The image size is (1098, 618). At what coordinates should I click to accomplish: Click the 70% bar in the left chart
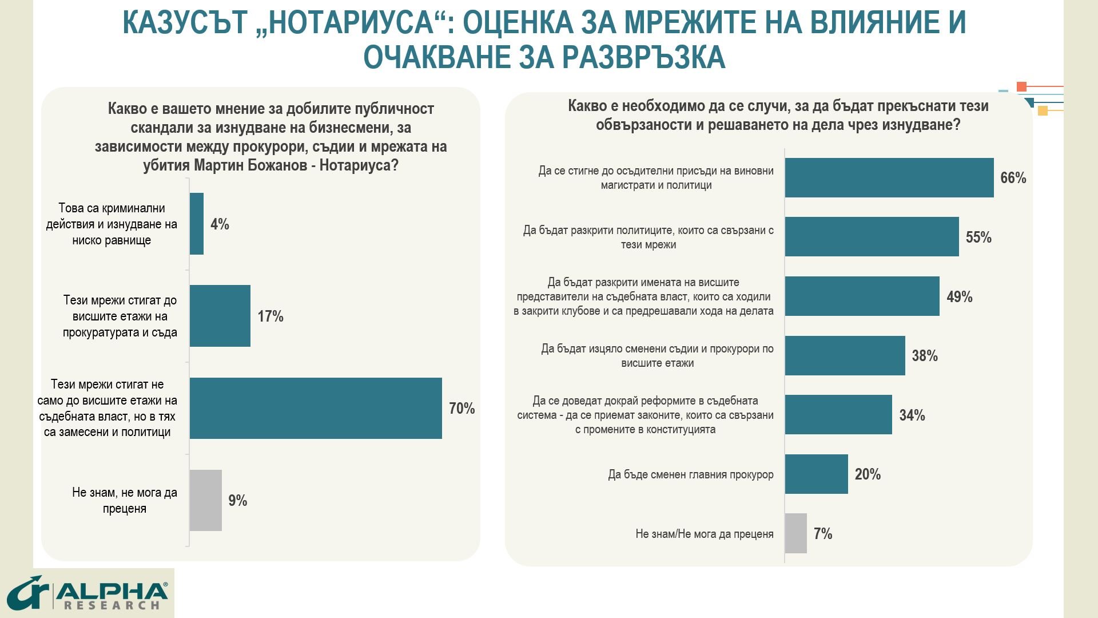tap(316, 408)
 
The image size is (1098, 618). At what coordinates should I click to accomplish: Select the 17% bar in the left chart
tap(220, 316)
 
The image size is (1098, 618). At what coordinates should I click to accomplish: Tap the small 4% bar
tap(197, 224)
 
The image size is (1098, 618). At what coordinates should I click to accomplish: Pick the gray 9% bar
tap(206, 500)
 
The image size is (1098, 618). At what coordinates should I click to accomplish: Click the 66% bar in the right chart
tap(889, 177)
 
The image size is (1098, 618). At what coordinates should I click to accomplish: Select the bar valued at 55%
tap(872, 236)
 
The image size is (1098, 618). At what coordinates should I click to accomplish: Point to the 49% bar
tap(862, 296)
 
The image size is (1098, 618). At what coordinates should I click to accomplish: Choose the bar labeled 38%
tap(845, 355)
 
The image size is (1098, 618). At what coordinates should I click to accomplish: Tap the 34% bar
tap(838, 414)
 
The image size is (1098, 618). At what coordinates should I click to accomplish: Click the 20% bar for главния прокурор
tap(817, 474)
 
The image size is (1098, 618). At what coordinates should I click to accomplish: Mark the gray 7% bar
tap(796, 533)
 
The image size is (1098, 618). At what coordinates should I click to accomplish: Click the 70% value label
tap(462, 409)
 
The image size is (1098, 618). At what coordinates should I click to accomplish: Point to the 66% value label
tap(1013, 178)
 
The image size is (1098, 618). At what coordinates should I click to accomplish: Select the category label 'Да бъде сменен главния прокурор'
tap(691, 474)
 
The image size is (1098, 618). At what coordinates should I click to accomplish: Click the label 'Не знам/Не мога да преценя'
tap(705, 534)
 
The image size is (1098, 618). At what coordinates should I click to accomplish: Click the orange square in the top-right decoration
tap(1022, 87)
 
